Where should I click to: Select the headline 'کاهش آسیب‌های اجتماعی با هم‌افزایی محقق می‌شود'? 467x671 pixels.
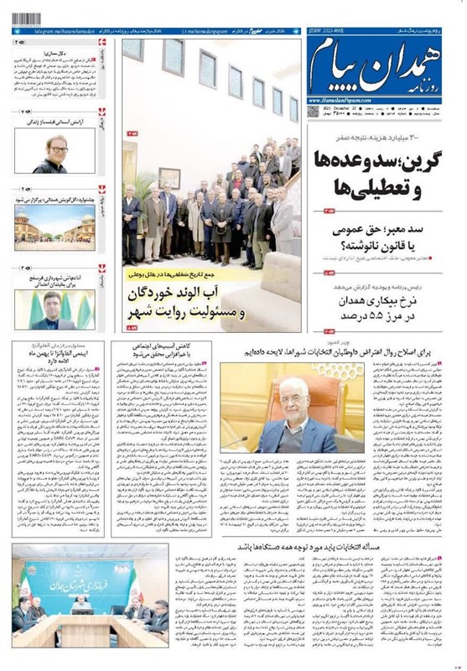point(158,351)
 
